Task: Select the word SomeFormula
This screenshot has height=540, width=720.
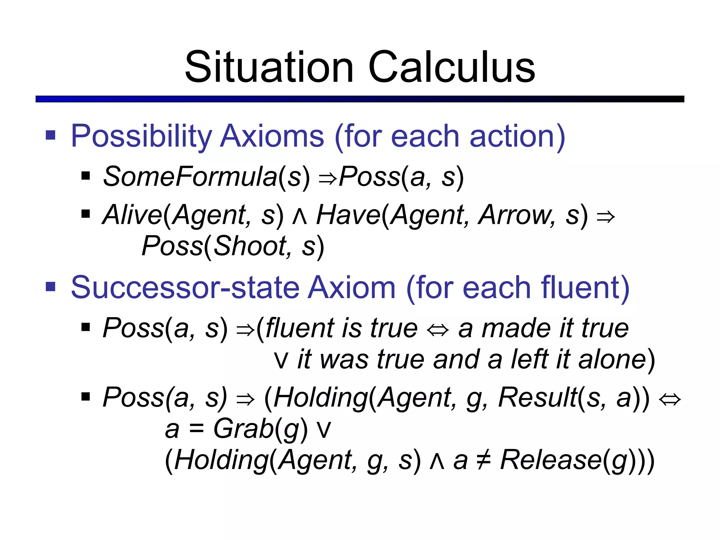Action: (190, 177)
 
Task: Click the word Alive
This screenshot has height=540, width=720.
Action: (132, 215)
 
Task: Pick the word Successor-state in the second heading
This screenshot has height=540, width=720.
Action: (185, 288)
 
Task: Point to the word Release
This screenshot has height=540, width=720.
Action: (551, 460)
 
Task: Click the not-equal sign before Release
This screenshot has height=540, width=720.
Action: (483, 461)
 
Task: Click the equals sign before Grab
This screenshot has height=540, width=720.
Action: (196, 429)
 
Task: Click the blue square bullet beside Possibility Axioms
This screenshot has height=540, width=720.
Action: (51, 135)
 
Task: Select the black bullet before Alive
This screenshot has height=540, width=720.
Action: (85, 214)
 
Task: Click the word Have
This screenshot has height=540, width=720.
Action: (348, 215)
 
